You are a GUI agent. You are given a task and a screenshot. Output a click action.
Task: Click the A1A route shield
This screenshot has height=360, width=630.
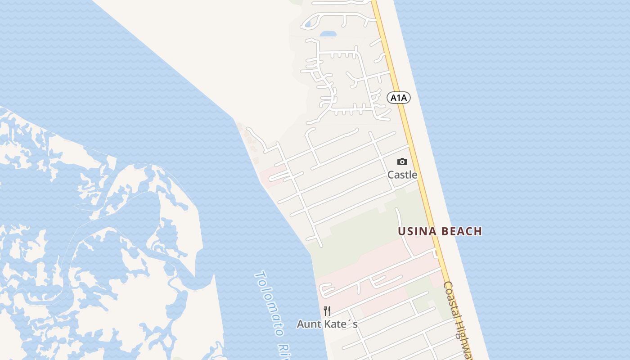pyautogui.click(x=399, y=97)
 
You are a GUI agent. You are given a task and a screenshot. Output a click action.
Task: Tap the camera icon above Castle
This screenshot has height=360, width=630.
pyautogui.click(x=402, y=162)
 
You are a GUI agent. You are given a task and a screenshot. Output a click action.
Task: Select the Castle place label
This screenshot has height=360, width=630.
pyautogui.click(x=402, y=175)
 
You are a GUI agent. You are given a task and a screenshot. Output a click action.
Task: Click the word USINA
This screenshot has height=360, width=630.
pyautogui.click(x=417, y=231)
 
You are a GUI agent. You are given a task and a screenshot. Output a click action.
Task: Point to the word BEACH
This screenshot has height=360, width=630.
pyautogui.click(x=462, y=231)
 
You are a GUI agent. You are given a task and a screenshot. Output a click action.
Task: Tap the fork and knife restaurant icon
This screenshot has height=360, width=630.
pyautogui.click(x=327, y=311)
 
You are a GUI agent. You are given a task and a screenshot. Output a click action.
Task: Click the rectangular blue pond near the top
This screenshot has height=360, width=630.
pyautogui.click(x=328, y=34)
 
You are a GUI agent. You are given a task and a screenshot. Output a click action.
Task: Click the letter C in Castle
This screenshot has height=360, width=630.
pyautogui.click(x=391, y=175)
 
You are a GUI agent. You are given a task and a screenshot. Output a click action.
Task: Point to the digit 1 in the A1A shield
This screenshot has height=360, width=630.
pyautogui.click(x=399, y=97)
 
